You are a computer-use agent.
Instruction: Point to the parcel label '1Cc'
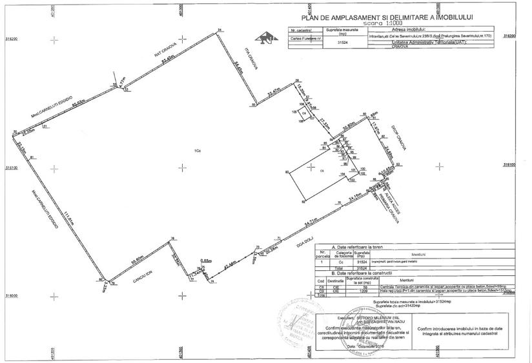(x=198, y=151)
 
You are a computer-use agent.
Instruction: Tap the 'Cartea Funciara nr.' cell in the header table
(x=305, y=38)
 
